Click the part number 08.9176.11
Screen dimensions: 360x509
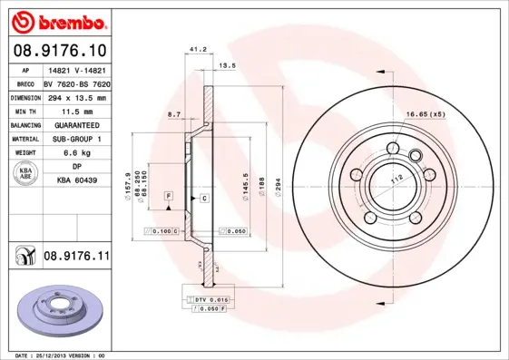tap(76, 257)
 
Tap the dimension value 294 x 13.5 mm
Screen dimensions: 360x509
tap(76, 97)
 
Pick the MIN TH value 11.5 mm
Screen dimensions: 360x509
tap(76, 111)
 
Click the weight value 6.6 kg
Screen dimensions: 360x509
tap(76, 153)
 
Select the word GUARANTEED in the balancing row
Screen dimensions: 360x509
tap(76, 125)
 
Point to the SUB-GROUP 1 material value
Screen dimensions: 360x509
tap(76, 139)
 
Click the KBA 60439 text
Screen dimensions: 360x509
tap(76, 181)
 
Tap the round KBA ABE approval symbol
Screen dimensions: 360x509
tap(24, 175)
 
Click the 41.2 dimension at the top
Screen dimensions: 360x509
tap(193, 51)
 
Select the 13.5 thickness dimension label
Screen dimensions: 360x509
tap(228, 65)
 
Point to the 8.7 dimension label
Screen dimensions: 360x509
tap(174, 114)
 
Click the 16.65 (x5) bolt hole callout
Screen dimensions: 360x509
tap(425, 114)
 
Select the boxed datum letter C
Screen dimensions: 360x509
tap(204, 197)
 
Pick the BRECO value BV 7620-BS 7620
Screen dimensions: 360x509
tap(76, 83)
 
